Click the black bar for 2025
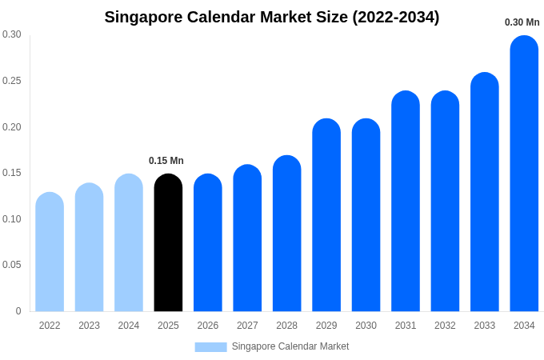(168, 243)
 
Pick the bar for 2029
(326, 215)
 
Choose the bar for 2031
(406, 202)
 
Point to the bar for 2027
(247, 238)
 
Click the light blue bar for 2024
(129, 243)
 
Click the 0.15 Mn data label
(166, 161)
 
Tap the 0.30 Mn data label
(522, 22)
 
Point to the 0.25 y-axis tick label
(12, 81)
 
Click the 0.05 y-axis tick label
(12, 265)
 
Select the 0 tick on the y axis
(18, 311)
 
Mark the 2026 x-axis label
(208, 326)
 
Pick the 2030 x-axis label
(366, 326)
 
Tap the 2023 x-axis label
(89, 326)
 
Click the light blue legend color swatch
(210, 346)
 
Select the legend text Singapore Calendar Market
(290, 346)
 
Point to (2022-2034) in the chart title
(396, 17)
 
